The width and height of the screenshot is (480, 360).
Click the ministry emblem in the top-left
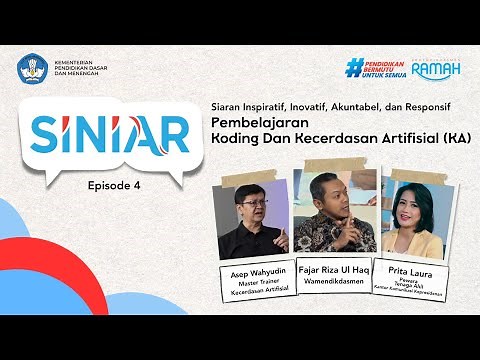point(31,69)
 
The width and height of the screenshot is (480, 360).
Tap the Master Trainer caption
point(251,281)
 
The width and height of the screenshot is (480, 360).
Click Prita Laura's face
point(410,203)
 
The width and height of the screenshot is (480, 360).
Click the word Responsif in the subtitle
point(426,103)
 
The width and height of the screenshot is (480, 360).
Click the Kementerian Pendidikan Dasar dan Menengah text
point(81,69)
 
